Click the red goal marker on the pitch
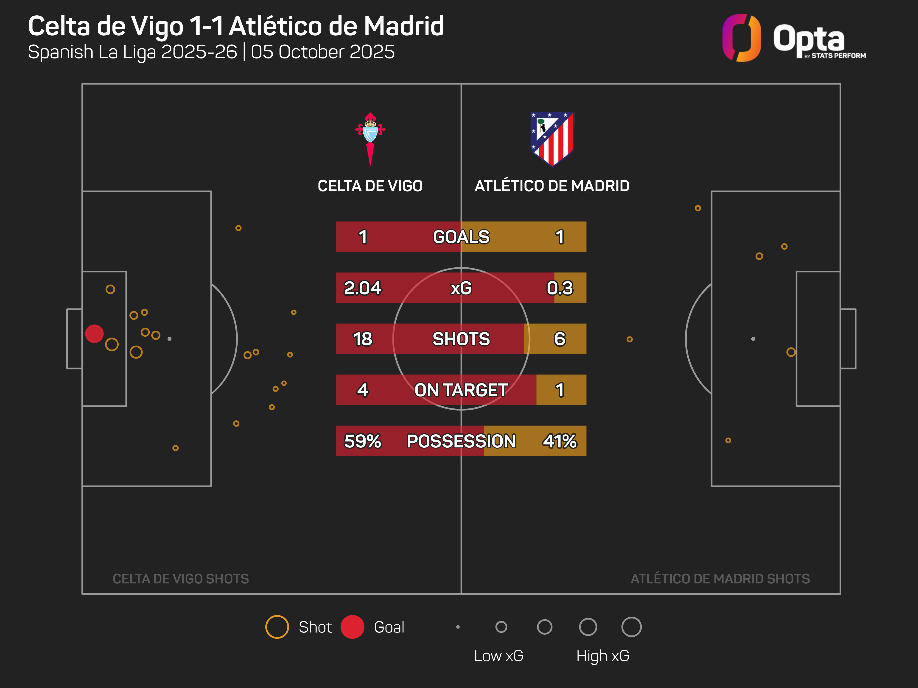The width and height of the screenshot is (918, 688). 94,333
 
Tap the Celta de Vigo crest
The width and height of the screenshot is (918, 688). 370,139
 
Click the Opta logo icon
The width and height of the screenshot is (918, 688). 742,38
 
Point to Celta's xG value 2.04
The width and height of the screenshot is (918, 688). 362,288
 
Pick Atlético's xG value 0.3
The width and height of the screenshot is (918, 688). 560,288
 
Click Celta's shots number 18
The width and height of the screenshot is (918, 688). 362,339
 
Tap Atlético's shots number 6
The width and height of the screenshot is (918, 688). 560,339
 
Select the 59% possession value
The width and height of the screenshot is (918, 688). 362,441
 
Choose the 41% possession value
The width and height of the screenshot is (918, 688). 560,441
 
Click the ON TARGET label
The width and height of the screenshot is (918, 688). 461,390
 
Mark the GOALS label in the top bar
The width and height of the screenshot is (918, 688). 461,237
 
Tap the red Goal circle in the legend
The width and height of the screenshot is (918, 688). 352,627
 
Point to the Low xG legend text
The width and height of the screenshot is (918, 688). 498,656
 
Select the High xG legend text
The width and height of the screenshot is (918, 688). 603,656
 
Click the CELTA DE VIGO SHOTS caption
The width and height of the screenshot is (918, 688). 181,579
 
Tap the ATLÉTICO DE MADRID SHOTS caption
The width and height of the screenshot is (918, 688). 720,579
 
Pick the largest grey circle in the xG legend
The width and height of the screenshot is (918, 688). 631,627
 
